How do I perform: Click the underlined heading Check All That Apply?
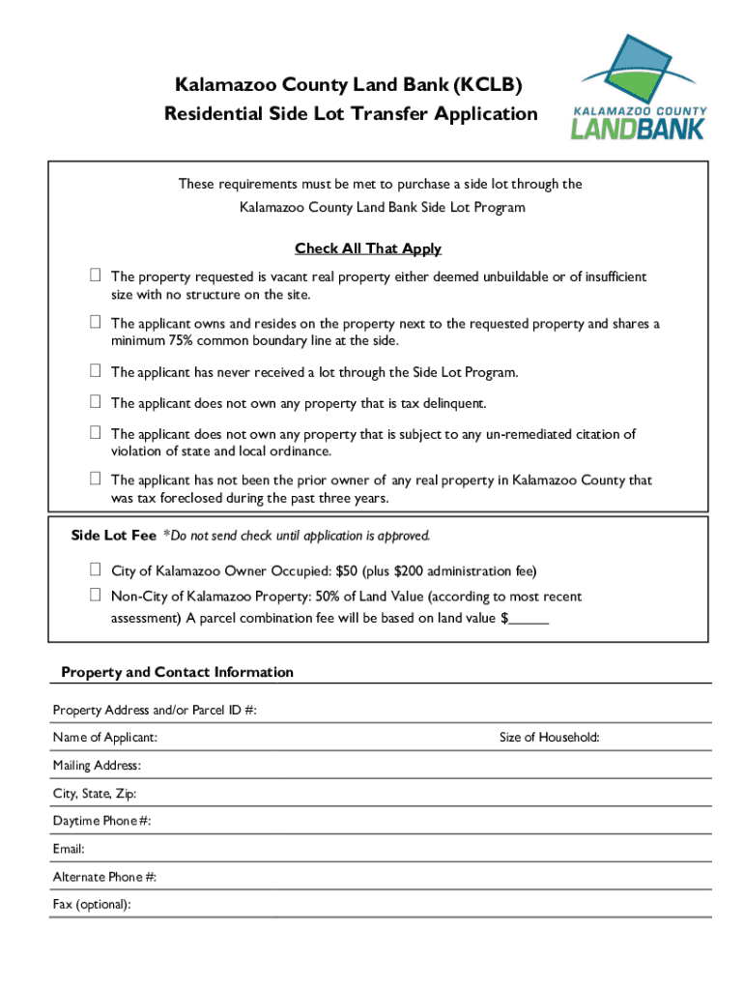[x=367, y=248]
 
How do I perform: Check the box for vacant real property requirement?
[x=96, y=277]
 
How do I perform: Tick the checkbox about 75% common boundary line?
[x=96, y=323]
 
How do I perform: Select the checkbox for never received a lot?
[x=96, y=371]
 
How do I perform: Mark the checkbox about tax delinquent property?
[x=96, y=402]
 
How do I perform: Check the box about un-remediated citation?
[x=96, y=434]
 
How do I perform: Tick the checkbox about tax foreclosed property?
[x=96, y=480]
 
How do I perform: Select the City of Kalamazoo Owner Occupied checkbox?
[x=96, y=570]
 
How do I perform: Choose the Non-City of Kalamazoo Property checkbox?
[x=96, y=597]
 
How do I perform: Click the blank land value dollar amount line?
[x=529, y=619]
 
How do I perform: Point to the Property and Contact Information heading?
[x=177, y=672]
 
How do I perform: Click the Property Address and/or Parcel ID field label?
[x=155, y=711]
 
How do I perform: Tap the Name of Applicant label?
[x=105, y=738]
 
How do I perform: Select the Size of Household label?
[x=549, y=738]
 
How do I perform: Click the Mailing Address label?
[x=97, y=766]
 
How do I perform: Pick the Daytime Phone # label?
[x=101, y=822]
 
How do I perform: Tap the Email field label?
[x=69, y=850]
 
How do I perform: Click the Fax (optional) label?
[x=92, y=905]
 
